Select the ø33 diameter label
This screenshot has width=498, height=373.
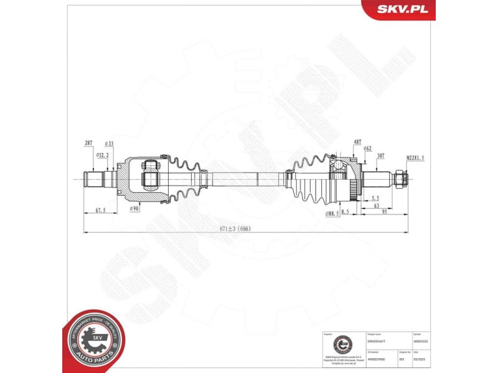pyautogui.click(x=109, y=143)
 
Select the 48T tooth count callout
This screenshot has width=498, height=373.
pyautogui.click(x=357, y=142)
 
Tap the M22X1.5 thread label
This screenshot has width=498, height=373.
pyautogui.click(x=415, y=159)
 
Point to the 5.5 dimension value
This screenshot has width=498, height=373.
pyautogui.click(x=375, y=198)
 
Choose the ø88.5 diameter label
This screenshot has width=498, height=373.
pyautogui.click(x=333, y=213)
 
